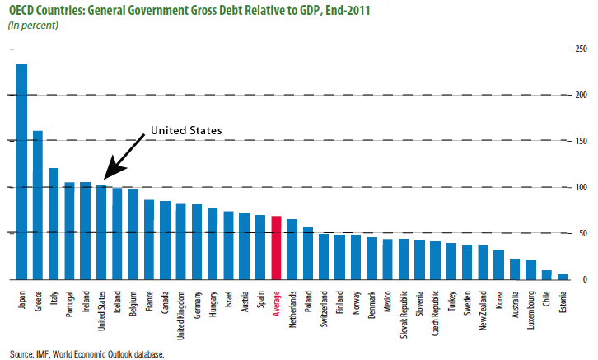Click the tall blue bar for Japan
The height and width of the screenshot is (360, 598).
point(22,172)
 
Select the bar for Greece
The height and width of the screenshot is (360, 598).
point(38,206)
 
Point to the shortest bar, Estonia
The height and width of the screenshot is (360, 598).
point(562,278)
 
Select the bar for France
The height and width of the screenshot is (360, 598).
point(149,240)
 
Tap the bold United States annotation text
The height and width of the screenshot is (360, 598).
point(185,131)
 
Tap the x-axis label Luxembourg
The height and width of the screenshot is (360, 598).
point(530,309)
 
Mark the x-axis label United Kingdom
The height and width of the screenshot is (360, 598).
point(181,312)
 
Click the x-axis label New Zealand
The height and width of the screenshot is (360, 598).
point(483,308)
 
